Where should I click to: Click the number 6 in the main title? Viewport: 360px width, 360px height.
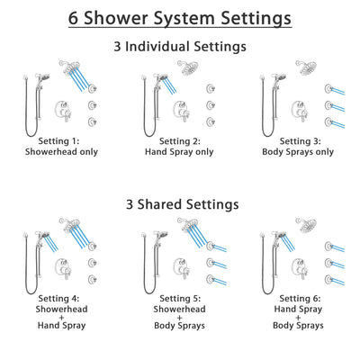pyautogui.click(x=76, y=18)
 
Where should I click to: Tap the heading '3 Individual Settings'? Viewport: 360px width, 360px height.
pyautogui.click(x=179, y=47)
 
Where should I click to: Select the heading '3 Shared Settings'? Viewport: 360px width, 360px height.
pyautogui.click(x=179, y=204)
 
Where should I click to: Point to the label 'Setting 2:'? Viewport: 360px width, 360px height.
pyautogui.click(x=179, y=140)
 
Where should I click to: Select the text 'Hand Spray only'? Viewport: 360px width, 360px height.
pyautogui.click(x=179, y=152)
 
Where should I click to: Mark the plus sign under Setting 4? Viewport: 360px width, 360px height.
pyautogui.click(x=57, y=319)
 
